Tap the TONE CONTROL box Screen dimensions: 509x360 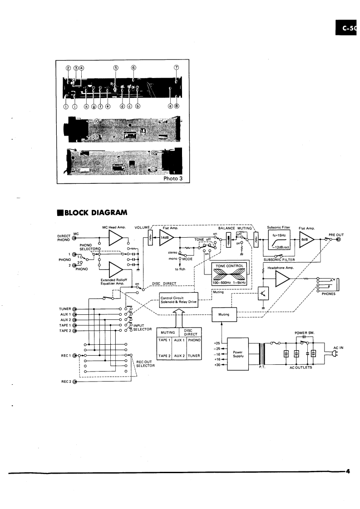coord(226,274)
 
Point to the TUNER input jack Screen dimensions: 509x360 coord(74,308)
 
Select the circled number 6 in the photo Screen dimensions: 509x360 coord(133,67)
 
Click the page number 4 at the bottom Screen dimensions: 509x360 coord(347,471)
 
